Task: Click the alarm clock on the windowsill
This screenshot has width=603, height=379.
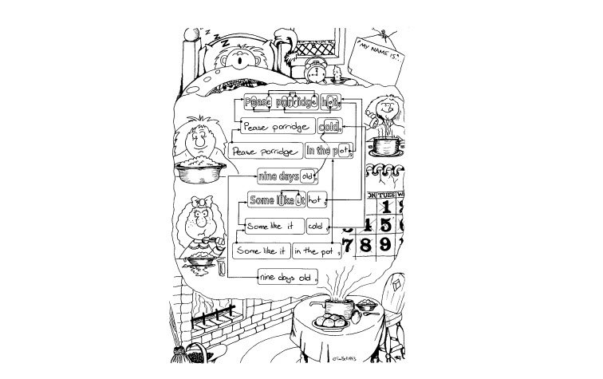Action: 315,72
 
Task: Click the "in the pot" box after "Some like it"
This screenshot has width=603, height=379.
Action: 314,252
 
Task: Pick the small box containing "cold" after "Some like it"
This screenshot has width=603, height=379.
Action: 317,226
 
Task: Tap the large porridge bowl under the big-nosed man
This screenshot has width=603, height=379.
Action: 199,168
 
